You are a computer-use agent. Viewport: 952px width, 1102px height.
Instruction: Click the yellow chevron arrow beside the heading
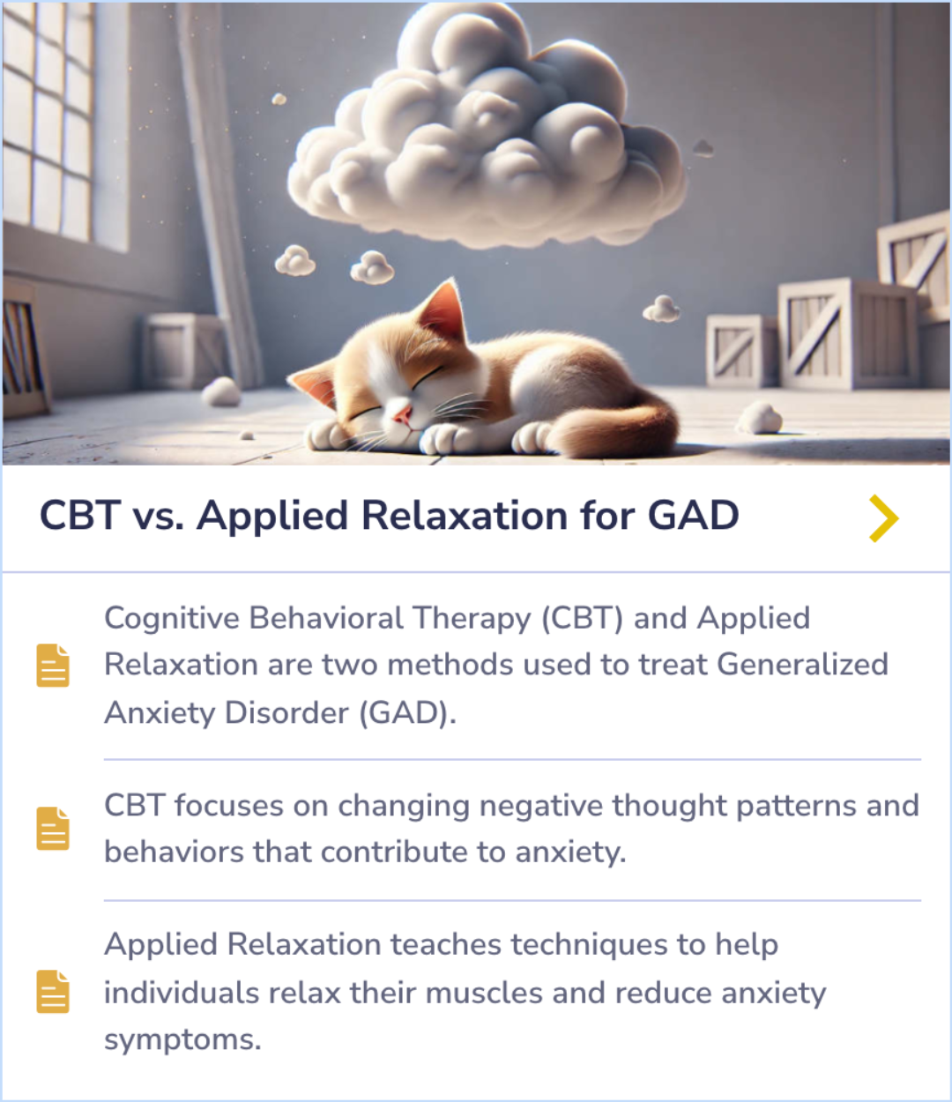883,517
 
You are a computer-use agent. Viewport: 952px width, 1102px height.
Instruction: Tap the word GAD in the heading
693,516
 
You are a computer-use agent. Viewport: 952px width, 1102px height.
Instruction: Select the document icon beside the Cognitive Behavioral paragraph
53,665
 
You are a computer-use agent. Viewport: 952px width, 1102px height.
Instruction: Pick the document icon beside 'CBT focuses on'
53,828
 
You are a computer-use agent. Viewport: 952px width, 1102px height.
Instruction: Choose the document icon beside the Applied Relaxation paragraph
53,991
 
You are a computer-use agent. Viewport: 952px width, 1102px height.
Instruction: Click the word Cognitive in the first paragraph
172,619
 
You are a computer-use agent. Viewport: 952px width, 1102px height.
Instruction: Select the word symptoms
182,1039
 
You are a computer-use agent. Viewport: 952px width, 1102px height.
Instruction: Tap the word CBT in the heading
79,516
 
